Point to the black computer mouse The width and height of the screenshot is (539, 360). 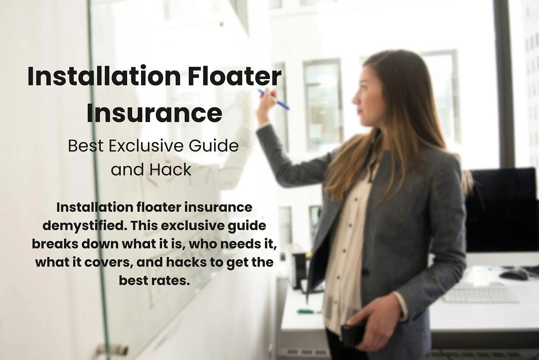513,275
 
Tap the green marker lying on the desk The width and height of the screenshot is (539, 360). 309,311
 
